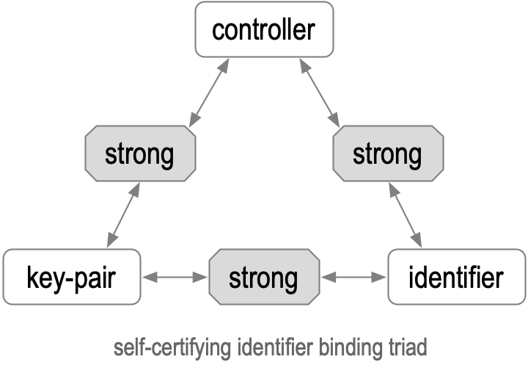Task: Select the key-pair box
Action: click(71, 278)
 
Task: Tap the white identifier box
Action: click(455, 278)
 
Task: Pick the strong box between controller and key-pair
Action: click(140, 155)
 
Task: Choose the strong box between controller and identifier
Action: click(387, 155)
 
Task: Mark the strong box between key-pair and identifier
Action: click(264, 278)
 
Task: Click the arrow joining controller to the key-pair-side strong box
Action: click(209, 93)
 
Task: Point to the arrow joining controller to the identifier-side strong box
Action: click(319, 93)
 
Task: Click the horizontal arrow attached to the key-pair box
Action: click(175, 278)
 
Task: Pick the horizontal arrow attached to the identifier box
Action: click(353, 278)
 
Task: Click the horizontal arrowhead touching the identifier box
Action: click(381, 278)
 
